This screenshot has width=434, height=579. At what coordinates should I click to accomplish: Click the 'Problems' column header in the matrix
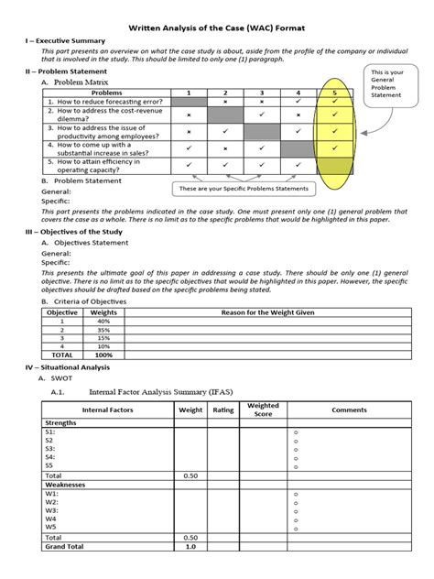click(x=107, y=93)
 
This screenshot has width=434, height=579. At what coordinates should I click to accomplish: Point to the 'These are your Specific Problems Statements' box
click(x=242, y=189)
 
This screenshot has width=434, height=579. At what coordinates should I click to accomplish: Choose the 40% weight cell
click(x=103, y=322)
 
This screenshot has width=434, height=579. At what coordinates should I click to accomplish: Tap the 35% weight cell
click(x=103, y=330)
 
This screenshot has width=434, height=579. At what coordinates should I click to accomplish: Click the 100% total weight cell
click(x=103, y=355)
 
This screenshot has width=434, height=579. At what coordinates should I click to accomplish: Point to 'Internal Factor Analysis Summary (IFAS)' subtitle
click(x=160, y=392)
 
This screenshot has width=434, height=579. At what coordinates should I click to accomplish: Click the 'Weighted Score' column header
click(x=264, y=410)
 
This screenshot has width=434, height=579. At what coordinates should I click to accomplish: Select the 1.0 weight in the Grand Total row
click(x=190, y=547)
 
